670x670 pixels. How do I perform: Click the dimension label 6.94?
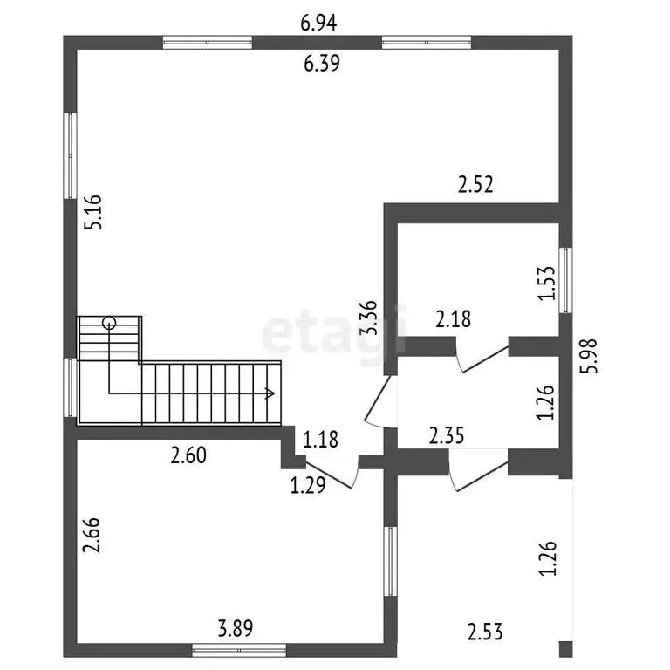pos(318,23)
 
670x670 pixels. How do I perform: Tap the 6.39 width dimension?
pos(322,63)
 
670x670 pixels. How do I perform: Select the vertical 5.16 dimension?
pos(93,212)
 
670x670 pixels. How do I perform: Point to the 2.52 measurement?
pos(475,184)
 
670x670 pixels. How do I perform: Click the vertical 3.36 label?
pos(368,318)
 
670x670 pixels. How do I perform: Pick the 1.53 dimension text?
pos(546,284)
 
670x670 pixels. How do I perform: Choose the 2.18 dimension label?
pos(453,319)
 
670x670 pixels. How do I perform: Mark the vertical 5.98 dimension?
pos(589,356)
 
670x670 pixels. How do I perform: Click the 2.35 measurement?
pos(447,436)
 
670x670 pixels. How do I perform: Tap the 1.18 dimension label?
pos(320,440)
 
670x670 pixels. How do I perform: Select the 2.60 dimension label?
pos(188,455)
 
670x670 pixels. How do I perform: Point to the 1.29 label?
pos(308,485)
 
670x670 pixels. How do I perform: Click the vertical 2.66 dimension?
pos(92,536)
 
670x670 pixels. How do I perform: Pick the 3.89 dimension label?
pos(236,628)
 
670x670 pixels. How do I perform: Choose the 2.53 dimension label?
pos(485,632)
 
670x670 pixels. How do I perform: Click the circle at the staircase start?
pos(109,323)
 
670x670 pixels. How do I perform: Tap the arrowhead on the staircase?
pos(270,393)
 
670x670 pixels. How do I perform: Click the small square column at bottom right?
pos(565,649)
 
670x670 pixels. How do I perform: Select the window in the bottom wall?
pos(239,650)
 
